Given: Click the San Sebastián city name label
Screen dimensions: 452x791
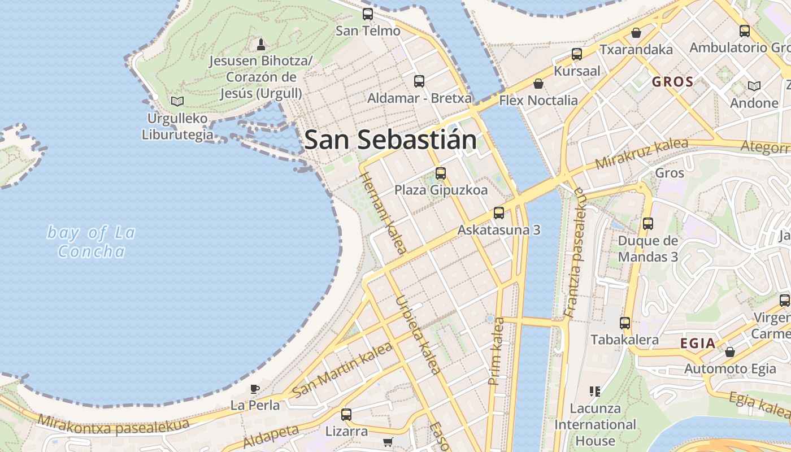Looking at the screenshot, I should click(390, 140).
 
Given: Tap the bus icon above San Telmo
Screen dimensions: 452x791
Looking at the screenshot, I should click(368, 14).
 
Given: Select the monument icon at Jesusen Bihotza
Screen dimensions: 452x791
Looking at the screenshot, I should click(260, 44).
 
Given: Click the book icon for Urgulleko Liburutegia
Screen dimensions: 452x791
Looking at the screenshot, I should click(177, 102).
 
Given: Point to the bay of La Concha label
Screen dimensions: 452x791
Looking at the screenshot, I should click(92, 241).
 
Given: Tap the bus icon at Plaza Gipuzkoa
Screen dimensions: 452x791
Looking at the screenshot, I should click(441, 173).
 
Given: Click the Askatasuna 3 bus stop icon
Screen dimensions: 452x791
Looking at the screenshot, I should click(498, 213).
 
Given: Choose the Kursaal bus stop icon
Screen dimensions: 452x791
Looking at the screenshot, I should click(576, 54).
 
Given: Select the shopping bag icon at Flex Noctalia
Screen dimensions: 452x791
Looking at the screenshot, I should click(538, 84).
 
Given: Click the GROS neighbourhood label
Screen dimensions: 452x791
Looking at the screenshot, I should click(672, 82).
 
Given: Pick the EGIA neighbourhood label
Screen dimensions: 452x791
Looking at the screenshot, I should click(698, 343).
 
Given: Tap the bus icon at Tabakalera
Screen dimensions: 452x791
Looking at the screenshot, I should click(624, 323).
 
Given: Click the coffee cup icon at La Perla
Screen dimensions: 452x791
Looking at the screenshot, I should click(255, 389).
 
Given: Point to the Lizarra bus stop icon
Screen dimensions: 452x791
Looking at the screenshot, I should click(346, 415).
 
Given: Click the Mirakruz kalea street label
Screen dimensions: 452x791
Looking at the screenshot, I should click(642, 153).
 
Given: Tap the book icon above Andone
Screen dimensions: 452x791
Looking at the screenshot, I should click(754, 86).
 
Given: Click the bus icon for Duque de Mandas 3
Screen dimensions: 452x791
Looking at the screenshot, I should click(647, 224).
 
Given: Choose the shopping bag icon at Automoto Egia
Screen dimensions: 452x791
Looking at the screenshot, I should click(730, 352).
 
